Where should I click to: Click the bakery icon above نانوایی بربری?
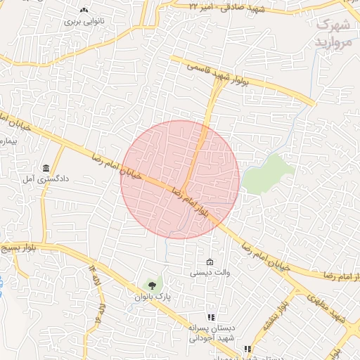84,10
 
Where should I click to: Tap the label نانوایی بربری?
84,21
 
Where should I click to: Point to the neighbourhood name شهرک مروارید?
333,33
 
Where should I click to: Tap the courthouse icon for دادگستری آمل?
46,169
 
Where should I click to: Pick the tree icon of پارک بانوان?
150,285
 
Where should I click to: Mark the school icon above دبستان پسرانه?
210,317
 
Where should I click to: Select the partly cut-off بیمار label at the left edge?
7,141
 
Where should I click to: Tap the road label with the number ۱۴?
93,271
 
